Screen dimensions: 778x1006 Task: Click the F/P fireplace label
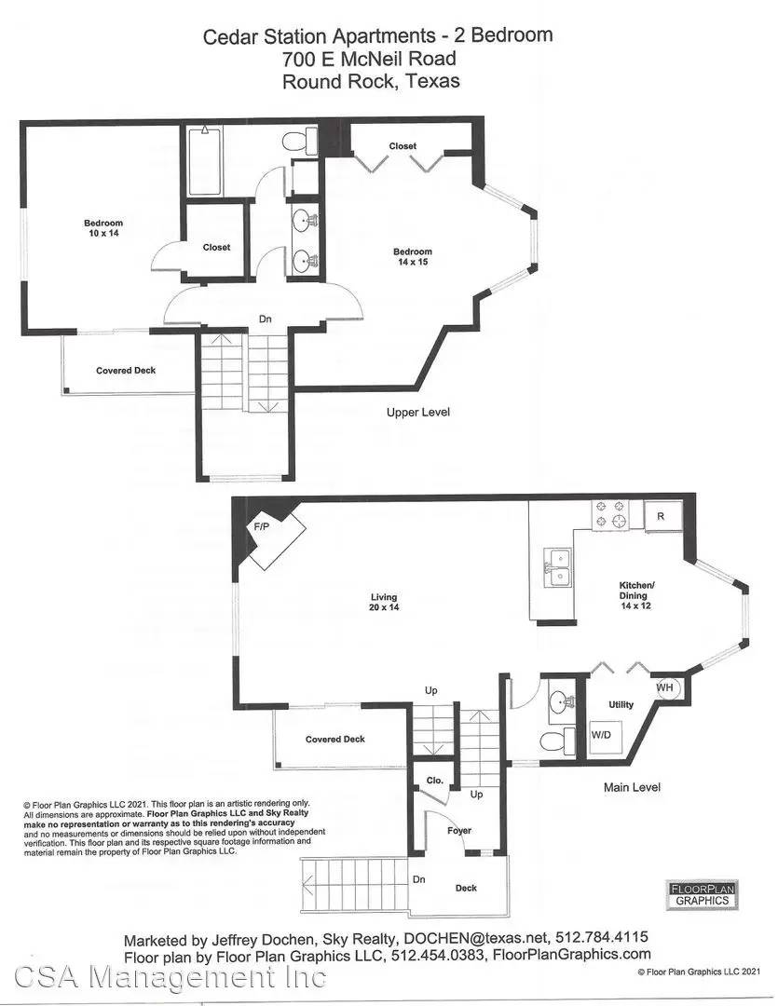pos(261,526)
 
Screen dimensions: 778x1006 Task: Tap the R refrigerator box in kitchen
pos(660,515)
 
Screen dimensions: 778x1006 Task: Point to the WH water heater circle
pos(665,688)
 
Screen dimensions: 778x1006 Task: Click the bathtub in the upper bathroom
pos(205,162)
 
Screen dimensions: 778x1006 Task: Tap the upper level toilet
pos(300,141)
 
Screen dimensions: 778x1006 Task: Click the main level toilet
pos(558,741)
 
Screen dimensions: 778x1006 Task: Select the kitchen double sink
pos(558,568)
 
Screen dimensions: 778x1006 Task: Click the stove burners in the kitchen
pos(610,515)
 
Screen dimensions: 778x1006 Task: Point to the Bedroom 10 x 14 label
pos(103,228)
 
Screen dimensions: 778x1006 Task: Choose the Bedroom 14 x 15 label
pos(413,257)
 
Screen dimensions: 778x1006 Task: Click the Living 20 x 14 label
pos(384,602)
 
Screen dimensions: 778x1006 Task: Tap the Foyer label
pos(459,830)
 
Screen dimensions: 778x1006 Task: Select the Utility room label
pos(621,704)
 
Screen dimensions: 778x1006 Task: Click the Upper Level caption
pos(418,413)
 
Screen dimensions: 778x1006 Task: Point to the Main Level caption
pos(632,787)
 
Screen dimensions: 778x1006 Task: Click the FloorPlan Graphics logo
pos(702,894)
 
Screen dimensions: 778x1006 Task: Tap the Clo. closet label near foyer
pos(435,781)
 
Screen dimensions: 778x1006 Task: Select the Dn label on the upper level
pos(266,319)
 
